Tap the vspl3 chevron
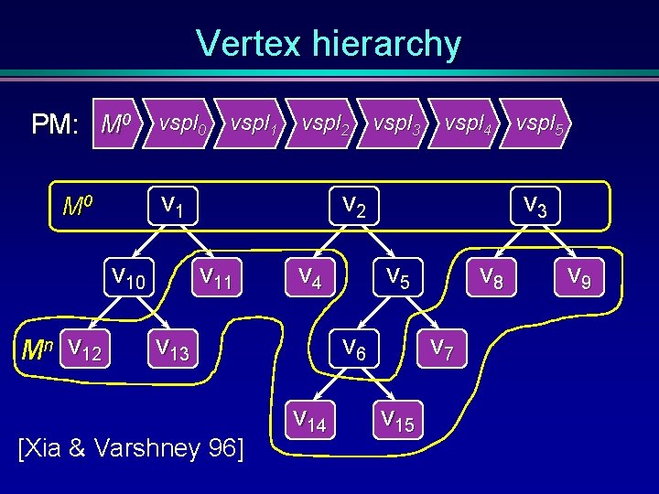396,123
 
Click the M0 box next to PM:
120,123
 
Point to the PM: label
55,124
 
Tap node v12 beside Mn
85,348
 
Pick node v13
173,348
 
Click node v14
310,420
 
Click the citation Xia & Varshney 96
132,449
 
